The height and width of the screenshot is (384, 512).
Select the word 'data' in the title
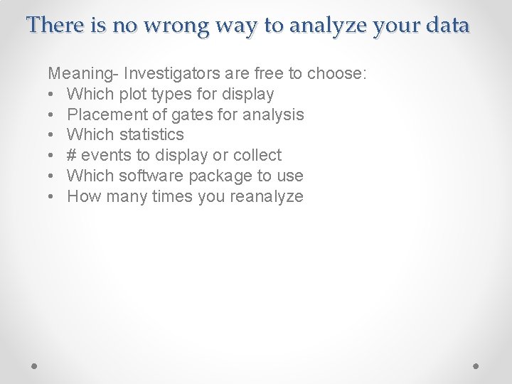[x=448, y=26]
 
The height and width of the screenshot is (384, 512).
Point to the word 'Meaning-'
[x=83, y=73]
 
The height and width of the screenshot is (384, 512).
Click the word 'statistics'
[x=151, y=134]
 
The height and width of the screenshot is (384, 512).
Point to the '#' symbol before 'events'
[x=72, y=155]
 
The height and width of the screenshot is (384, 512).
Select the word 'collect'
[x=257, y=155]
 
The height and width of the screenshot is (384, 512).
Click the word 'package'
[x=223, y=176]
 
